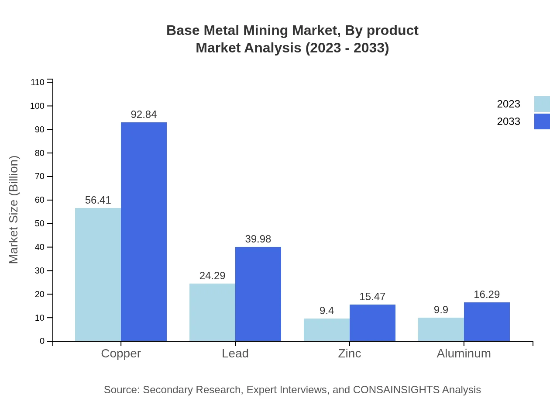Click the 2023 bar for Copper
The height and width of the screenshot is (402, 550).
coord(98,274)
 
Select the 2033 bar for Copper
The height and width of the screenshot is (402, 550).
coord(144,232)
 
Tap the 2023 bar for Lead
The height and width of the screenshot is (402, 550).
coord(212,312)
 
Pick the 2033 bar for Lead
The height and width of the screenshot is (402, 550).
coord(258,294)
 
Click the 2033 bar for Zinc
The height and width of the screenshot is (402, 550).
coord(372,322)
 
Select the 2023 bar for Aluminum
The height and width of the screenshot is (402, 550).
coord(441,329)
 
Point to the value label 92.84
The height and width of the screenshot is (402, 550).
coord(144,114)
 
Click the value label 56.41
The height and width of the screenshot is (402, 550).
coord(98,200)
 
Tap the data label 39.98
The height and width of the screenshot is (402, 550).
coord(258,239)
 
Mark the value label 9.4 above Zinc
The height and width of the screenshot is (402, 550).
coord(327,311)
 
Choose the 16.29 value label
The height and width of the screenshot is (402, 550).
coord(487,295)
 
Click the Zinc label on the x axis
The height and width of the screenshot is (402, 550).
coord(350,353)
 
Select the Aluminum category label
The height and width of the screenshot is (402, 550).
coord(464,353)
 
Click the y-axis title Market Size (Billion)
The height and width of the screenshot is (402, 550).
coord(14,210)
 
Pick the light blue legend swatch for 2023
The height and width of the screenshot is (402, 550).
coord(542,104)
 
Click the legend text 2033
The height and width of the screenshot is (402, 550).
coord(509,121)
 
